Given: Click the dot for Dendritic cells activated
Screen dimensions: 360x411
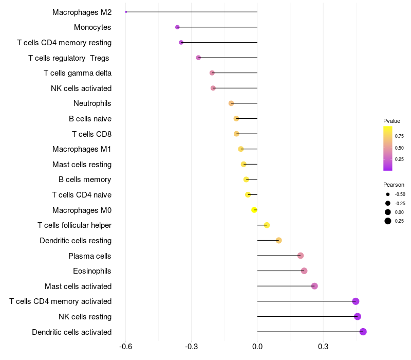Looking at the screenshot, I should coord(363,332).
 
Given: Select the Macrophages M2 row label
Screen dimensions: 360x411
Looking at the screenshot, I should coord(82,12).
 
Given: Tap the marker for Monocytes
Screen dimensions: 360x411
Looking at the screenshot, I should coord(177,27).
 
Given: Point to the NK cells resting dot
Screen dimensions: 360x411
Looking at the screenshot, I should coord(358,317).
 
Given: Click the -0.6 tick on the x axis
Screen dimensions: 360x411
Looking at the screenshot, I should coord(125,347).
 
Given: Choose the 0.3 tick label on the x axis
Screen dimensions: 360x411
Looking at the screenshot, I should coord(323,347).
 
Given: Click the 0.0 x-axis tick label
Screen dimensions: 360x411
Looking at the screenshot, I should coord(257,347).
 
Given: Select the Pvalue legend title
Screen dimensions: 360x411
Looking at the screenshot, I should coord(391,121).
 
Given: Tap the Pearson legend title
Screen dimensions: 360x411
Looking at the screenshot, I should coord(394,185).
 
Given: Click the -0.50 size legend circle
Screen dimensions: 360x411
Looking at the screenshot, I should coord(388,194).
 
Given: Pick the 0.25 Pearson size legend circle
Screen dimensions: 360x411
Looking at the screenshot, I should coord(388,221).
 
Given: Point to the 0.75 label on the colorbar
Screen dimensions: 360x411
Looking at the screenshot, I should coord(399,136).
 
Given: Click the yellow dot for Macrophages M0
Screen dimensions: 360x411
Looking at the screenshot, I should coord(254,210).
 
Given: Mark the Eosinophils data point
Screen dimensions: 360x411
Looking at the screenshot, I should coord(304,271).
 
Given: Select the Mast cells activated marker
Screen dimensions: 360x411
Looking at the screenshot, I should coord(314,286).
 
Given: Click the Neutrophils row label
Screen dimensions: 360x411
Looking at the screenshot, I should coord(92,103).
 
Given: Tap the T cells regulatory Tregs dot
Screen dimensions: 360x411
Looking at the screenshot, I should coord(198,58).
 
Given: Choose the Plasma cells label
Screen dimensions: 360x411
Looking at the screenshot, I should coord(90,256).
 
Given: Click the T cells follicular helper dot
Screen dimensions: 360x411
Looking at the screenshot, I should coord(267,225).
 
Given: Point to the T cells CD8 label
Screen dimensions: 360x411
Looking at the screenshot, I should coord(91,134).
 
